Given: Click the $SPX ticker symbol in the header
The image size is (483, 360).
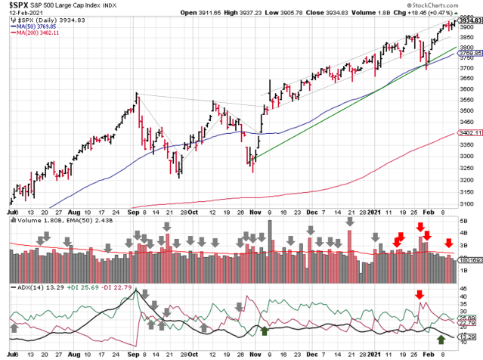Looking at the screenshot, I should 20,5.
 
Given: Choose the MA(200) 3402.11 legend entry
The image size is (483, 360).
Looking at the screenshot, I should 39,34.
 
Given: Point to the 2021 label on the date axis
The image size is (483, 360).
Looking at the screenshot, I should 376,213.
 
